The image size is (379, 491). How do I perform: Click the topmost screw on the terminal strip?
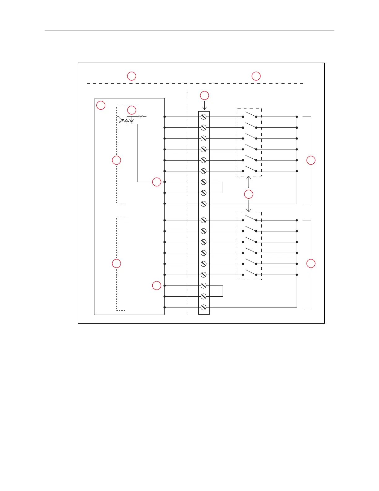203,117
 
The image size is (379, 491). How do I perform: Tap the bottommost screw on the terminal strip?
203,307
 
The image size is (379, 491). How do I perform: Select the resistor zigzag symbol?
141,117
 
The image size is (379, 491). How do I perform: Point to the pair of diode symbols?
129,120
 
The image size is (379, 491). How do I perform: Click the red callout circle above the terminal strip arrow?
204,95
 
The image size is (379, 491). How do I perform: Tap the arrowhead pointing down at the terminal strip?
204,108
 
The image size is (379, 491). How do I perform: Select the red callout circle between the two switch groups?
249,194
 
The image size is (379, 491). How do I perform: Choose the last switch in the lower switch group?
250,272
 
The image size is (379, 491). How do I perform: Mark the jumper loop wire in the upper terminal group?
222,187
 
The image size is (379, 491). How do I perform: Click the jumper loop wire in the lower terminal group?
222,291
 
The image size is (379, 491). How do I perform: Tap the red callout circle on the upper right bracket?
311,160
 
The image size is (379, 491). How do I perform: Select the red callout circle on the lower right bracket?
311,263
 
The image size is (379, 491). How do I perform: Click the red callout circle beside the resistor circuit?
132,110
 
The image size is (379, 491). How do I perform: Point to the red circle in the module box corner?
101,105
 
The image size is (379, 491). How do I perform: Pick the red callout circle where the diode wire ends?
157,182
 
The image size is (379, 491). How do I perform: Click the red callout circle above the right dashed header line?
256,76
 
